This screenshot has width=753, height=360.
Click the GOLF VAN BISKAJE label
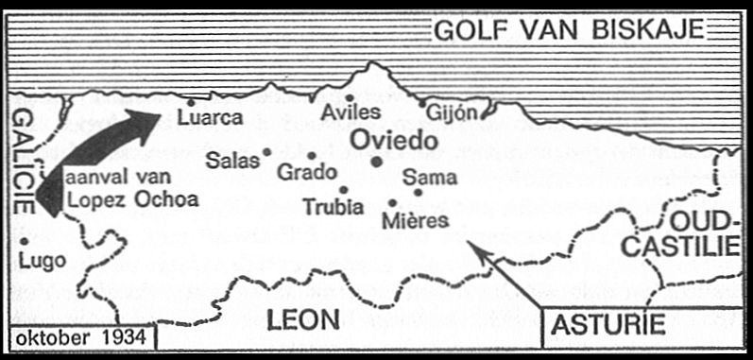click(569, 30)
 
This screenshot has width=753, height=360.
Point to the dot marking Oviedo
click(377, 162)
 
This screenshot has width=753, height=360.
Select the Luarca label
click(211, 118)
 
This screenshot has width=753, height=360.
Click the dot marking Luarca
click(191, 102)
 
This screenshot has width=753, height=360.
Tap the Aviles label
click(351, 112)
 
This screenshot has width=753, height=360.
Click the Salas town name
click(232, 160)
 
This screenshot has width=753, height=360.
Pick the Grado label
click(307, 172)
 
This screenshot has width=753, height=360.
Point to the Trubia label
click(331, 206)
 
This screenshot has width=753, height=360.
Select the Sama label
click(429, 177)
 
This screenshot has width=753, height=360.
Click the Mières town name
click(413, 220)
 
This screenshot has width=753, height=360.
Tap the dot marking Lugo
click(23, 241)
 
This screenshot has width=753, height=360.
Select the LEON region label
click(302, 320)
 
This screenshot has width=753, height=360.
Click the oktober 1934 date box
click(79, 337)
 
